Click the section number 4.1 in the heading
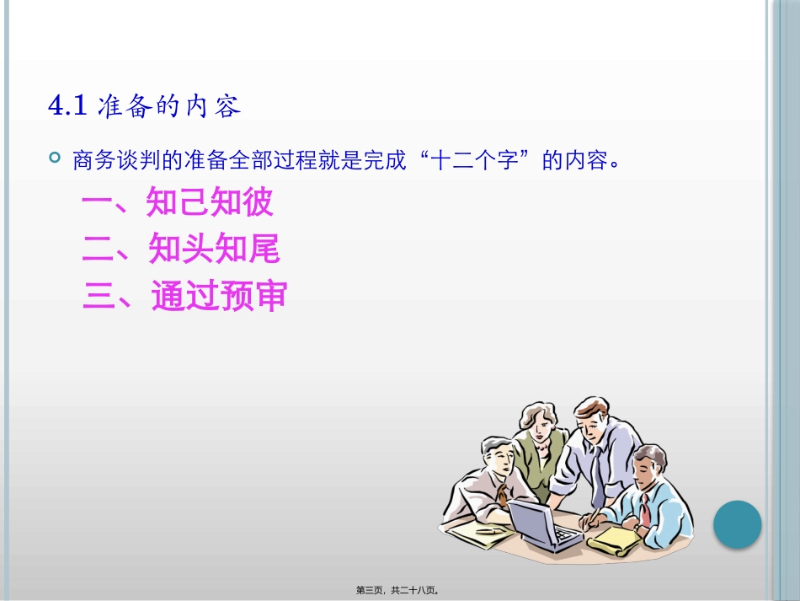tap(67, 106)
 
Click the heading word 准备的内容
tap(168, 106)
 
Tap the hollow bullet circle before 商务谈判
tap(56, 158)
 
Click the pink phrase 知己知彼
tap(211, 203)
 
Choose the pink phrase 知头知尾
tap(214, 250)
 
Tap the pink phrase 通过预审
tap(219, 297)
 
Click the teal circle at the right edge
tap(738, 525)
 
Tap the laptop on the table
tap(539, 523)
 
